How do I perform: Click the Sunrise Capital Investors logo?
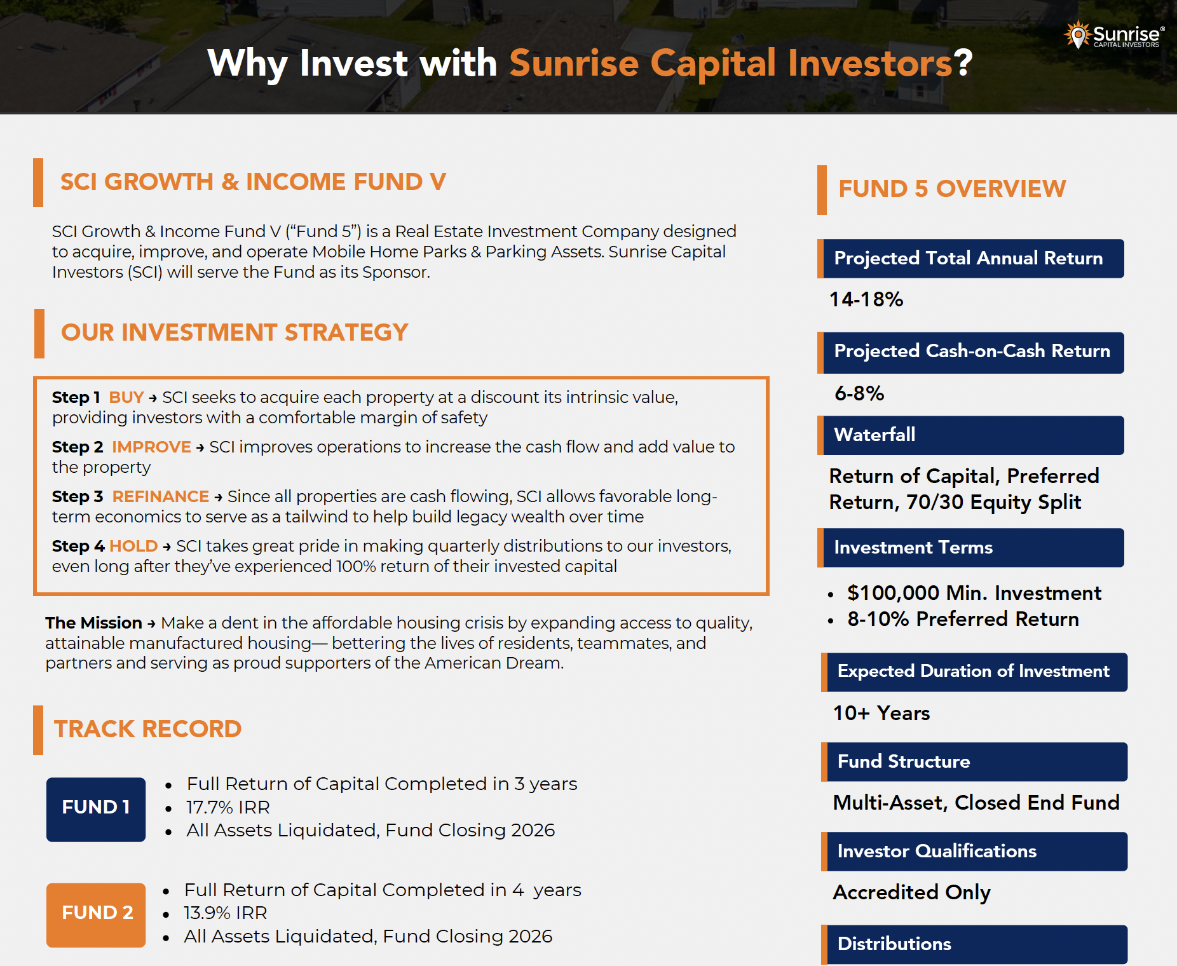1115,35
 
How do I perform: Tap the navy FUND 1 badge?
96,808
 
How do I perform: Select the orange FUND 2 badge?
96,914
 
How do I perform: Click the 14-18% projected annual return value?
866,299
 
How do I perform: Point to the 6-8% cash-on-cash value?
859,393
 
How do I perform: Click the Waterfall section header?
971,435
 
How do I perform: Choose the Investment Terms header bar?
971,548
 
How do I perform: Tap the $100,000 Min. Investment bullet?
974,593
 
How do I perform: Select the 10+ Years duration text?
881,713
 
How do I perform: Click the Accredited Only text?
911,892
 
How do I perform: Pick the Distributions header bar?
974,944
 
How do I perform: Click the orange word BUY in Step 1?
126,397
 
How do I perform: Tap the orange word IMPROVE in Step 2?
151,447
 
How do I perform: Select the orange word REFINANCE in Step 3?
160,496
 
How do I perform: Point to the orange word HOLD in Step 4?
133,546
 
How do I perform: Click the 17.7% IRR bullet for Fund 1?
228,807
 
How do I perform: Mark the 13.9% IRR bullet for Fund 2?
225,913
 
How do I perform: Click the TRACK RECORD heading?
147,729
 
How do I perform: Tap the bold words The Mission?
93,623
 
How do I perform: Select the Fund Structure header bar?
974,762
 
